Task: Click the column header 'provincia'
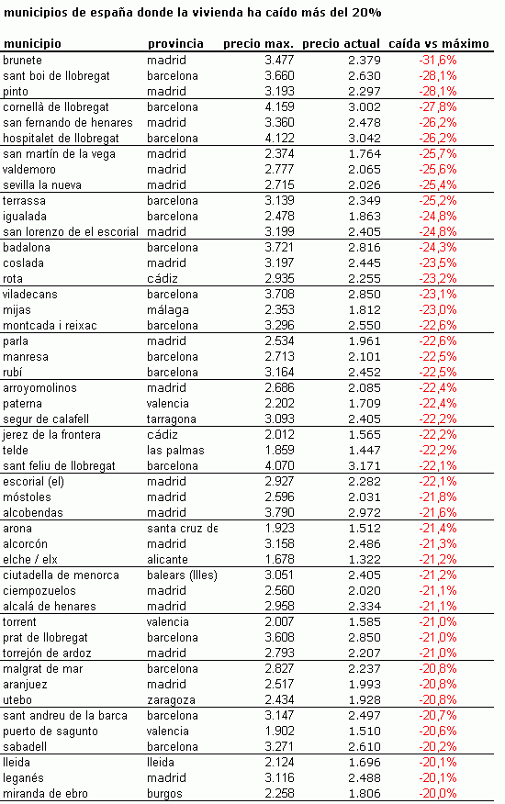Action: click(x=175, y=43)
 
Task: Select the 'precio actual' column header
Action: click(x=341, y=43)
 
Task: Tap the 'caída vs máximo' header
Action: click(x=439, y=43)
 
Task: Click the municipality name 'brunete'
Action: click(x=23, y=60)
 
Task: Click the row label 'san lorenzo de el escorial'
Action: click(x=71, y=232)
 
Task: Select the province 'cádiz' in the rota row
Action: click(x=163, y=278)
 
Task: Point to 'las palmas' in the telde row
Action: click(x=175, y=451)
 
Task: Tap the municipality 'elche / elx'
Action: click(x=31, y=559)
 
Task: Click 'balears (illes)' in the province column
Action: click(x=182, y=575)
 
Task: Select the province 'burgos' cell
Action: click(x=166, y=793)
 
